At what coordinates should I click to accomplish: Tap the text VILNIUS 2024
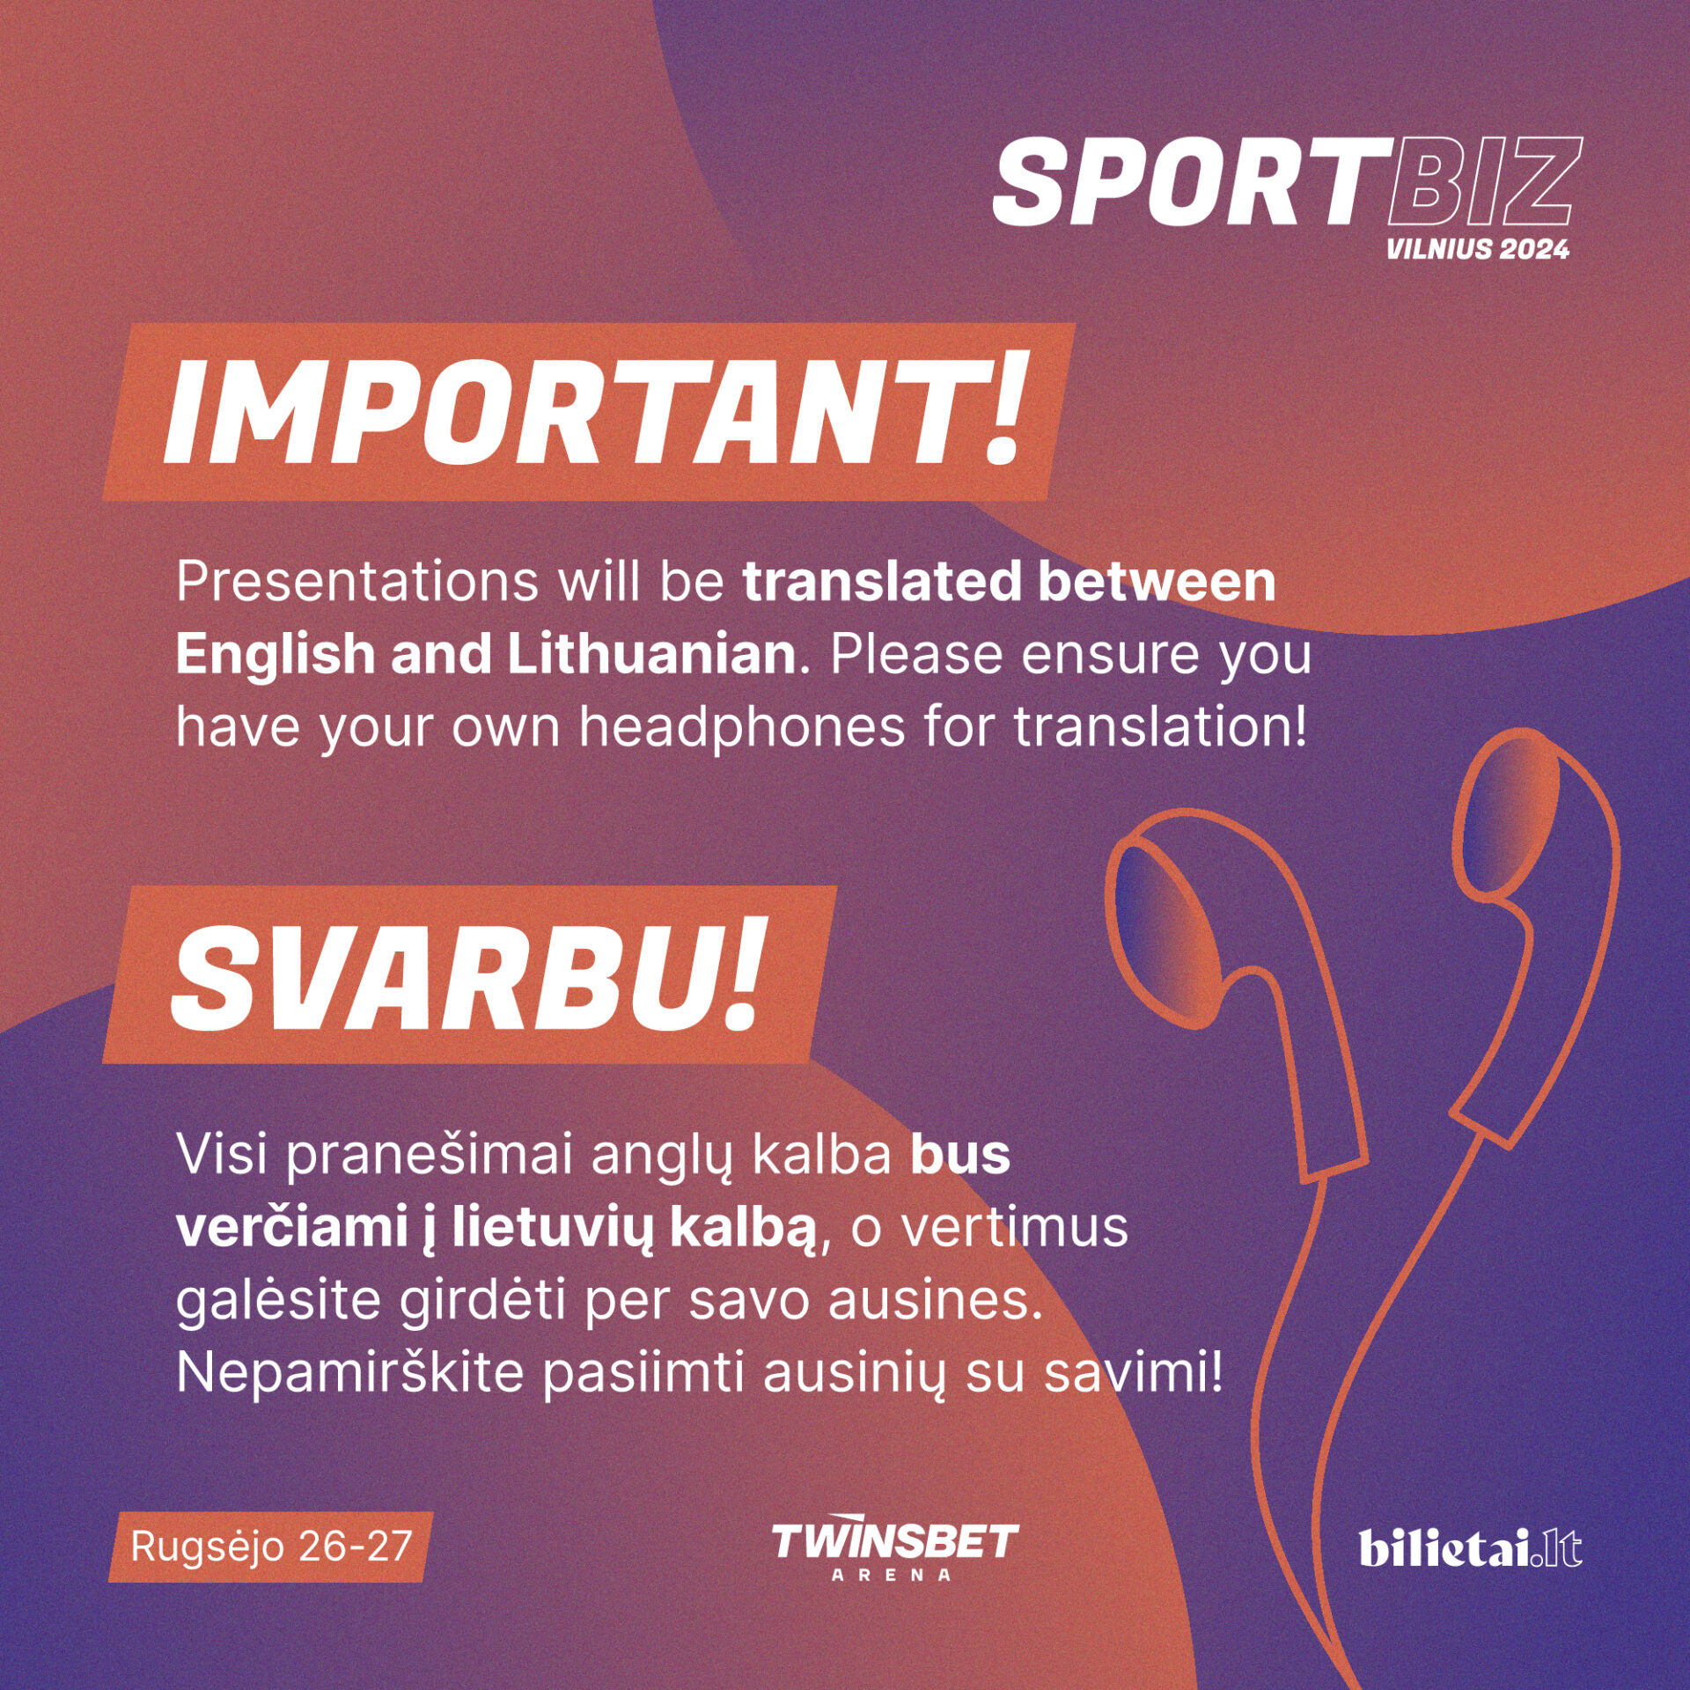1478,249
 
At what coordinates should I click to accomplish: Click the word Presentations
357,582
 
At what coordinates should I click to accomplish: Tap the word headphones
742,730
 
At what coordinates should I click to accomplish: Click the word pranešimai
430,1157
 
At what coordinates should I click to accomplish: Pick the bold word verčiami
291,1228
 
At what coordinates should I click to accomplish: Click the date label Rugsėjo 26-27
271,1547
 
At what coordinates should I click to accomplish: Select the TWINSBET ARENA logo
894,1553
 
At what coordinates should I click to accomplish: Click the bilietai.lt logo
1470,1548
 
